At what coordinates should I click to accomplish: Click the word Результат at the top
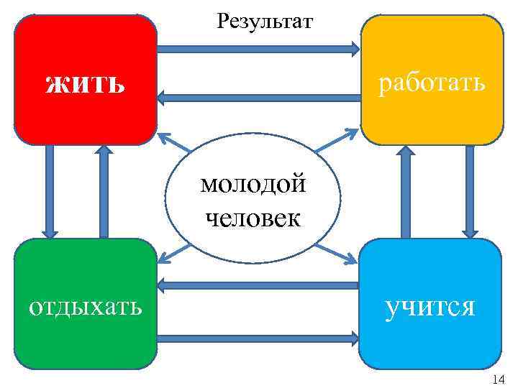265,21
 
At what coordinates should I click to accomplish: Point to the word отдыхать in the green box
85,307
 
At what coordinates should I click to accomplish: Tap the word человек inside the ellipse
253,216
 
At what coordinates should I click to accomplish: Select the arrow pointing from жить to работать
259,49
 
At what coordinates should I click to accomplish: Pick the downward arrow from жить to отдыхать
49,191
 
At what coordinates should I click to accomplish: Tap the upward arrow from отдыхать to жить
104,191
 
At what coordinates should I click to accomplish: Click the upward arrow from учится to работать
405,191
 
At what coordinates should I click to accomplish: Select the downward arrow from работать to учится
470,191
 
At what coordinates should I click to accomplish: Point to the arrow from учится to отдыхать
259,285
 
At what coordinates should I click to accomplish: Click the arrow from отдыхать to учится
259,336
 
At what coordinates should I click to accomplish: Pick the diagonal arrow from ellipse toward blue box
337,253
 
